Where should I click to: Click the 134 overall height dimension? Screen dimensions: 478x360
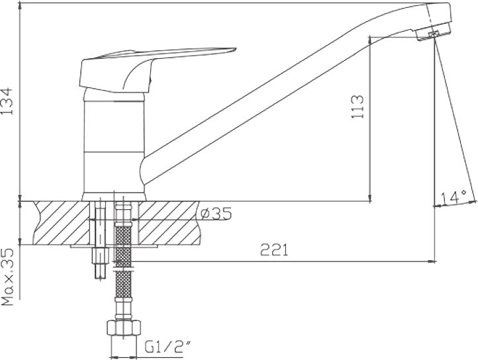[x=7, y=101]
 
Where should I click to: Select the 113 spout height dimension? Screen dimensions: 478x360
[x=358, y=107]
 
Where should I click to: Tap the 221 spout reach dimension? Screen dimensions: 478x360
[x=274, y=251]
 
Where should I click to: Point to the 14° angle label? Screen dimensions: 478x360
[x=454, y=198]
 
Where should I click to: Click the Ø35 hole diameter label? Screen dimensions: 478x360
[x=216, y=213]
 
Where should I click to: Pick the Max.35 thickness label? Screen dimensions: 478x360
[x=8, y=277]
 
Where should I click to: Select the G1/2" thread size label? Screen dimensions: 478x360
[x=167, y=347]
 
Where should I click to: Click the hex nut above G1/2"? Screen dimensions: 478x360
[x=124, y=328]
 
